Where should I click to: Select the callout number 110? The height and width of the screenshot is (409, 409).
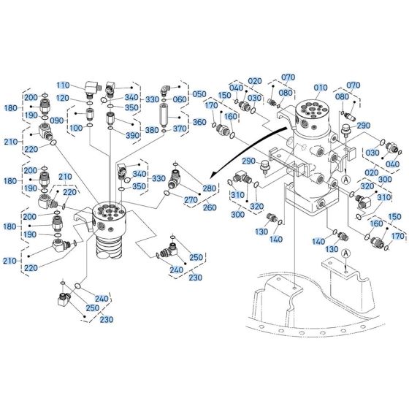click(x=83, y=85)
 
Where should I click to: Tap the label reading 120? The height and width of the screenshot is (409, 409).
click(x=83, y=98)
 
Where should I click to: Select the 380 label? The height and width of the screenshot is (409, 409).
click(x=152, y=131)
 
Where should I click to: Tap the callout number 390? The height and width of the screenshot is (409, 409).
click(x=132, y=136)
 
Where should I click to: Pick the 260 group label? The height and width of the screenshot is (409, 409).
click(x=210, y=207)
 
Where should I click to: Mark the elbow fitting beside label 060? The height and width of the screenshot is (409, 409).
click(x=165, y=91)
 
